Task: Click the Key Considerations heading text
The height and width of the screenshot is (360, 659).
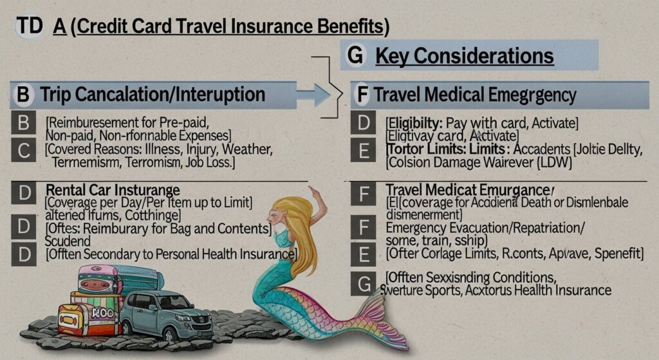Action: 464,56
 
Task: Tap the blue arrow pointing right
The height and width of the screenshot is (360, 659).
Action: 314,95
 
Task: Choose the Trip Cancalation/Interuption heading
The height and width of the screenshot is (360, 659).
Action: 153,95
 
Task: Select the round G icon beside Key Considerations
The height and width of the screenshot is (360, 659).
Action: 355,55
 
